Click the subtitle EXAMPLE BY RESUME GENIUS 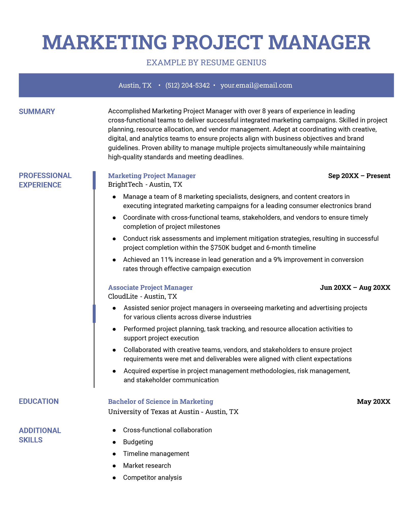point(206,62)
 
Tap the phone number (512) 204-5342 point(187,85)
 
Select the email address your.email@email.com point(256,85)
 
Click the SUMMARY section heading point(37,111)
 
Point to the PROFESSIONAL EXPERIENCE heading point(45,180)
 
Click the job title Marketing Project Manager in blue point(152,176)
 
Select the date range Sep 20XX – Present point(359,176)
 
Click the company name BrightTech point(125,184)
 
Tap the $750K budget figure point(220,248)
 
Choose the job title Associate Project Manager point(150,288)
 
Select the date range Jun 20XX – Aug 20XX point(355,288)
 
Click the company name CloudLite point(123,296)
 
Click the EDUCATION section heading point(39,401)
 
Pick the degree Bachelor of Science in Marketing point(161,402)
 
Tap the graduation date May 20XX point(373,402)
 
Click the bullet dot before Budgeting point(114,442)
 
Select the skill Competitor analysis point(152,477)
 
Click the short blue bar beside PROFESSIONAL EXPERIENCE point(94,180)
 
